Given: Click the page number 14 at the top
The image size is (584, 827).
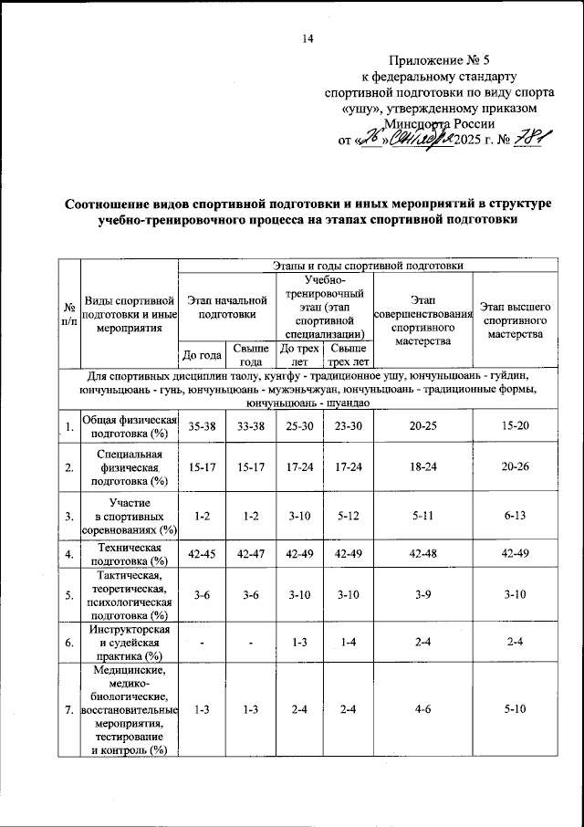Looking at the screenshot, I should [307, 38].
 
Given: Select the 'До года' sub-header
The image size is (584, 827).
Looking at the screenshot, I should [201, 355].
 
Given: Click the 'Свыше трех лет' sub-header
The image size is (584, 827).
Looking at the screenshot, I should [347, 355].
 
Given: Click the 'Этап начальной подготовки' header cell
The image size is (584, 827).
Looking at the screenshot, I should [226, 307].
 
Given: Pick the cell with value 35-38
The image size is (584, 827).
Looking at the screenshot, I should [201, 425].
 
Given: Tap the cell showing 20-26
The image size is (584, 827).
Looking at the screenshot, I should [516, 467].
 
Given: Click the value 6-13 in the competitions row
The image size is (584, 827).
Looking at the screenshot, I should [516, 516].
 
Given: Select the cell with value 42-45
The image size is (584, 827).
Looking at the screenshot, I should [201, 553].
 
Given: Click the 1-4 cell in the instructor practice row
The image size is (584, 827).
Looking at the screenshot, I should [347, 643].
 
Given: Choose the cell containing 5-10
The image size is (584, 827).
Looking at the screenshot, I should [516, 709].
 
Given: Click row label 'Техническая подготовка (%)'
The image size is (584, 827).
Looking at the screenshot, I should [129, 553].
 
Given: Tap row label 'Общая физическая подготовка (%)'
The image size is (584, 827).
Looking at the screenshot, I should [129, 425].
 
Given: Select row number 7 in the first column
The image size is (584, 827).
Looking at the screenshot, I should [69, 709].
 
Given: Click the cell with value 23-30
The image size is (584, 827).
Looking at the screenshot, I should [347, 425].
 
